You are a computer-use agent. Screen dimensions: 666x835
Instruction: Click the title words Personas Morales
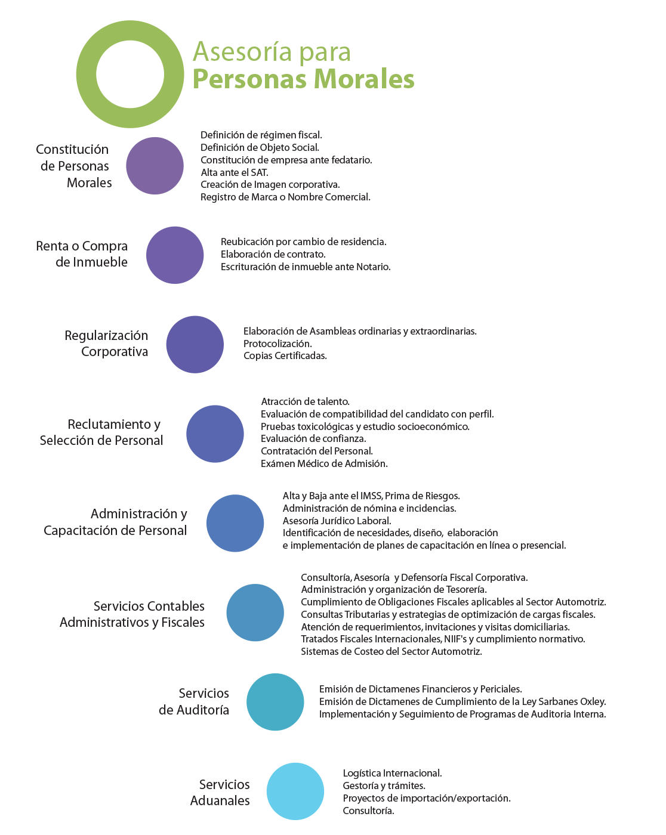[303, 79]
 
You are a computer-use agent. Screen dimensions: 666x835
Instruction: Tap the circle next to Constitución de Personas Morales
[155, 166]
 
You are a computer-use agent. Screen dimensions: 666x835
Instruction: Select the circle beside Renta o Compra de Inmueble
[175, 255]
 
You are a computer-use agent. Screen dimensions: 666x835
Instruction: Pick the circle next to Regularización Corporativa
[195, 344]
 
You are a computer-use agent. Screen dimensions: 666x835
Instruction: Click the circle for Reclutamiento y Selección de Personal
[215, 434]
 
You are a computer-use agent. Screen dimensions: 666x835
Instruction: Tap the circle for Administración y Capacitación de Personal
[235, 523]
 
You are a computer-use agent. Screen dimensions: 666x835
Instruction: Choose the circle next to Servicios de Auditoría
[275, 702]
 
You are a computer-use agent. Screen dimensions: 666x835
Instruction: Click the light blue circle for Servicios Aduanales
[295, 791]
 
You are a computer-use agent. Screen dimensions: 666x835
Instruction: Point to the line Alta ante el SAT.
[235, 172]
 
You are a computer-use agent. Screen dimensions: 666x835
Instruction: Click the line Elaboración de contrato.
[273, 254]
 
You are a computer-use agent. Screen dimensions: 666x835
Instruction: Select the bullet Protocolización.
[277, 344]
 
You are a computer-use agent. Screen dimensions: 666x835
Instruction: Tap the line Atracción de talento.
[305, 401]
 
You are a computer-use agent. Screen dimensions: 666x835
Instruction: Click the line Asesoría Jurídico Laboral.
[337, 521]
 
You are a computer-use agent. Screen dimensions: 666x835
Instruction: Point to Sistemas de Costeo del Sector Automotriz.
[391, 651]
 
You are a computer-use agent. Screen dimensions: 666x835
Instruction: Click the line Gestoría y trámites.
[384, 785]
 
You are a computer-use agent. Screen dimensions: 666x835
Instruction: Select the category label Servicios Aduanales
[220, 792]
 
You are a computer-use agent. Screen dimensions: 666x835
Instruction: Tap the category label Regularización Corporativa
[106, 344]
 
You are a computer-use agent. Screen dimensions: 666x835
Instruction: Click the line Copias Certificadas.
[285, 356]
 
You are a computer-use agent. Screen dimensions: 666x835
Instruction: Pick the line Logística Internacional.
[392, 774]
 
